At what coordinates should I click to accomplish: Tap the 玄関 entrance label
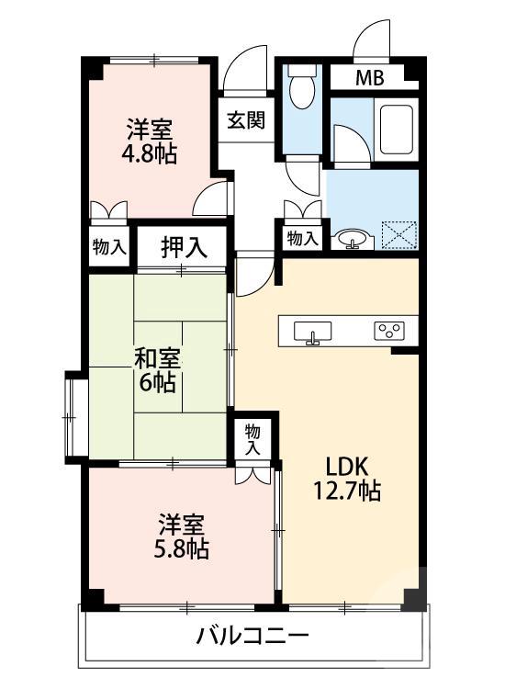tap(246, 119)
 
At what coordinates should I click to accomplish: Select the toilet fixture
tap(300, 91)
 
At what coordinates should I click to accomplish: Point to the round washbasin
tap(351, 240)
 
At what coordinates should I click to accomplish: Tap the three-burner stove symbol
tap(387, 330)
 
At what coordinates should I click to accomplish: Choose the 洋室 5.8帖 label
tap(182, 537)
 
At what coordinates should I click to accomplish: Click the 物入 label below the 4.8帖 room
tap(110, 246)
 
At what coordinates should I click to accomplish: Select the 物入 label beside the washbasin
tap(302, 238)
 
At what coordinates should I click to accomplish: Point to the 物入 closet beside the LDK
tap(253, 438)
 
